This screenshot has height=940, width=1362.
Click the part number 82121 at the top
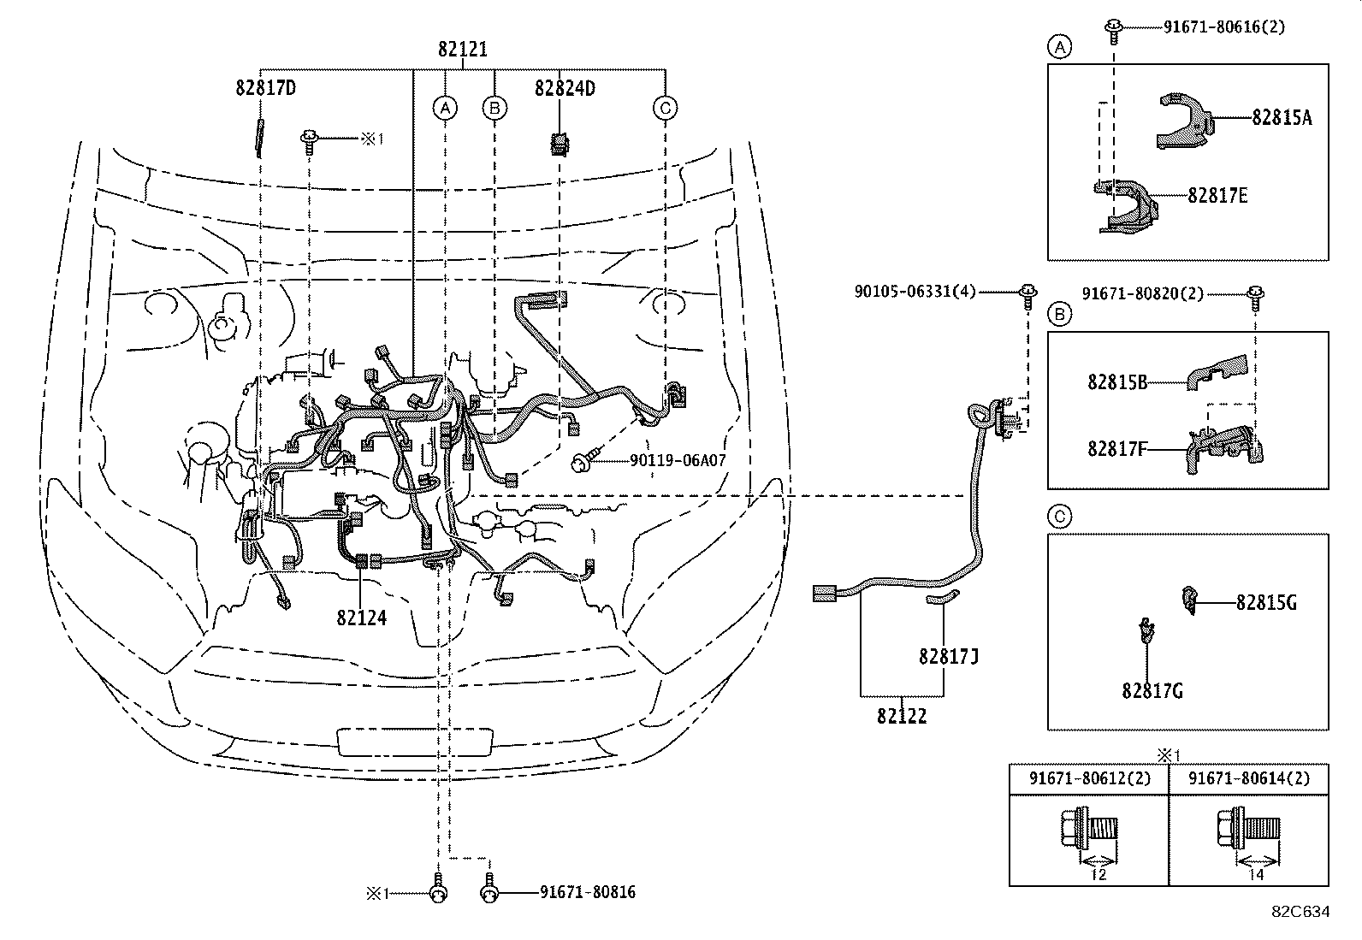point(463,50)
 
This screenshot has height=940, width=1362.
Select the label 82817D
point(266,87)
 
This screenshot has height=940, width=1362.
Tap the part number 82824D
point(565,87)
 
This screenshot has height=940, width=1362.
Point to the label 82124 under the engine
point(361,618)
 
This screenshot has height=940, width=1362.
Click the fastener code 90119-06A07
point(678,461)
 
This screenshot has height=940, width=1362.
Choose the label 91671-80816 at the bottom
point(587,893)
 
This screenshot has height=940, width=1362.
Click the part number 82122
point(901,717)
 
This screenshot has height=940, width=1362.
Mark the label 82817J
point(948,656)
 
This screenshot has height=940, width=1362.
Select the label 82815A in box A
point(1281,118)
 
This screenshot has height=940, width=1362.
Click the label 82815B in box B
point(1117,382)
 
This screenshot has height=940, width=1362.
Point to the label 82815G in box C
point(1266,603)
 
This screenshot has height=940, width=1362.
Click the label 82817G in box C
point(1152,690)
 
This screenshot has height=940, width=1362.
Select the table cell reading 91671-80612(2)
point(1089,779)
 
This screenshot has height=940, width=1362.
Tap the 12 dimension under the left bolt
point(1098,874)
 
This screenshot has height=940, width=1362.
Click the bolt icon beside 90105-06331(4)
point(1027,296)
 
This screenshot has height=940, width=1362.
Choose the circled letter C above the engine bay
point(665,108)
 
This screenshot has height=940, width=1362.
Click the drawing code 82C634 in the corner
point(1300,912)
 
